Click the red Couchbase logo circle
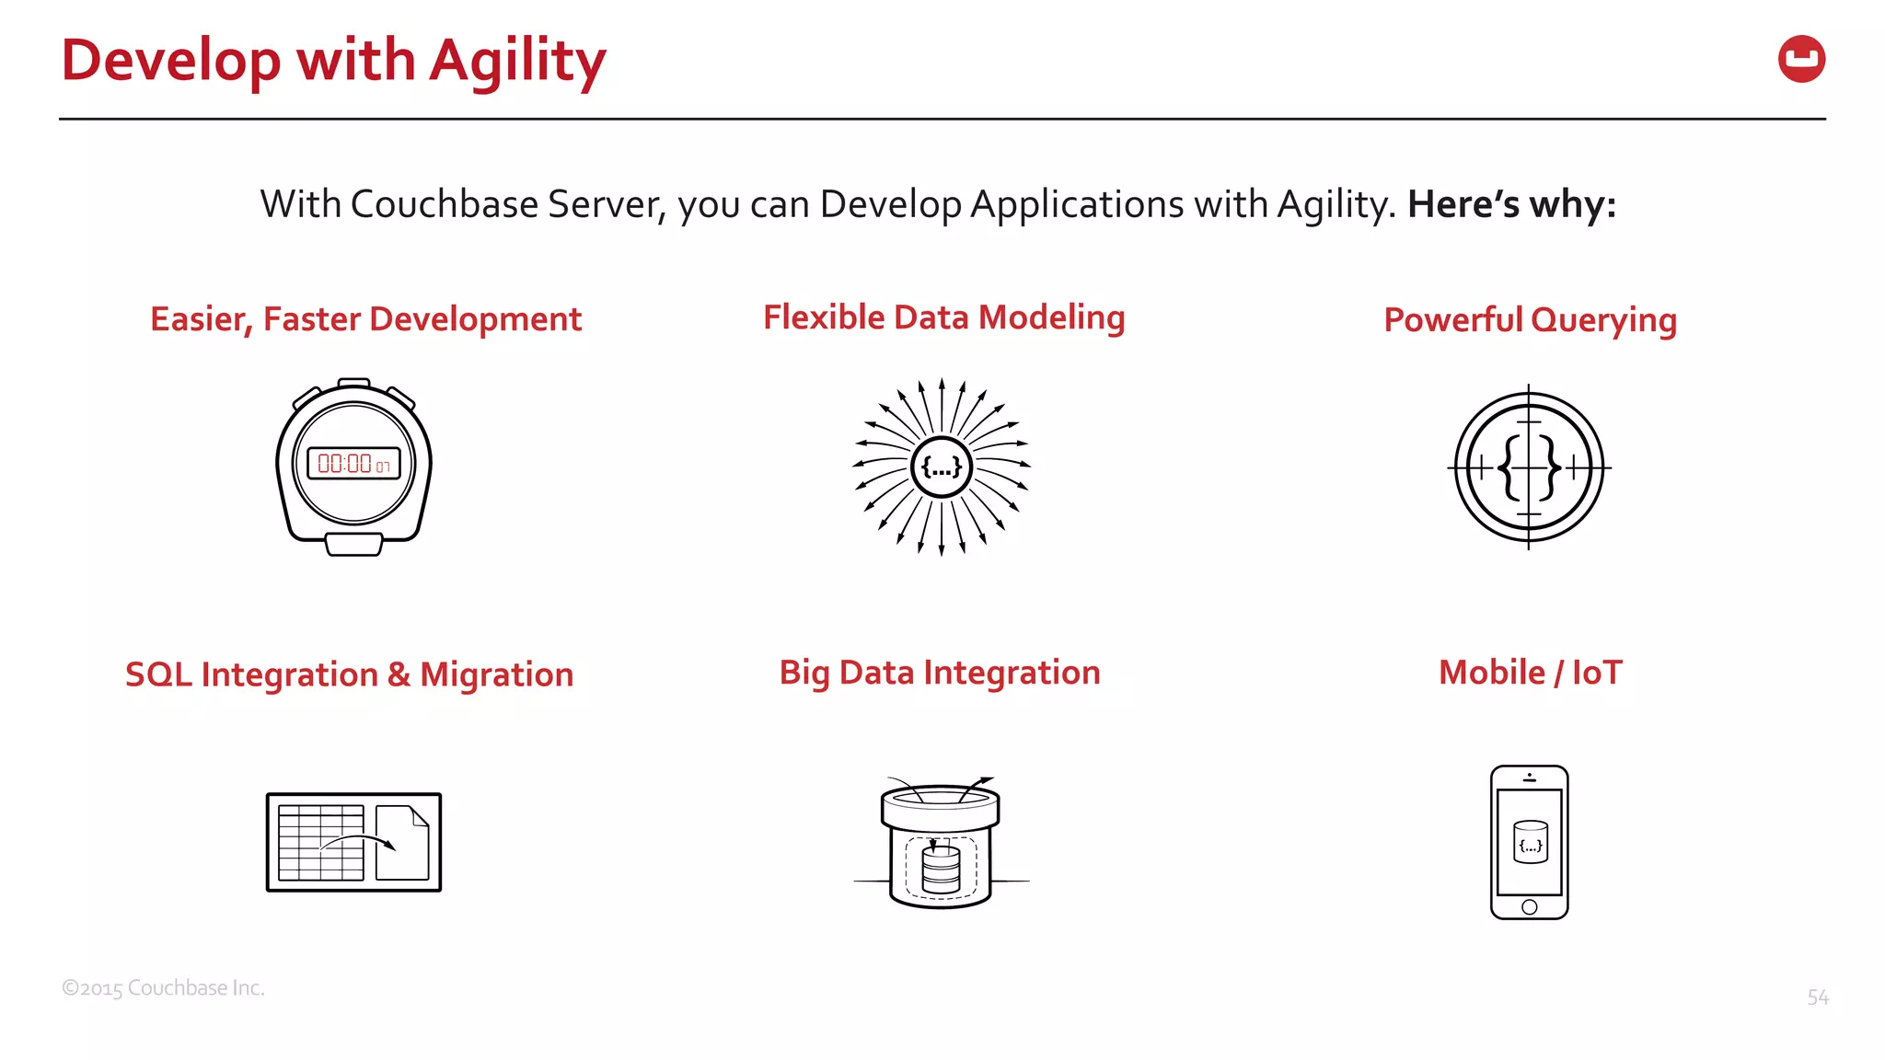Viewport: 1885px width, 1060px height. pos(1801,59)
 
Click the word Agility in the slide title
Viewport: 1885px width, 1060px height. pos(517,61)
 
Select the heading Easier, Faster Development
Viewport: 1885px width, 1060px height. pos(365,319)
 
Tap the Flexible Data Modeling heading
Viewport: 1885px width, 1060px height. pos(943,317)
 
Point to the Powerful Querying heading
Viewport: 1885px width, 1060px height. pos(1530,320)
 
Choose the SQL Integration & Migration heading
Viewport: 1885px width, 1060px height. pos(349,674)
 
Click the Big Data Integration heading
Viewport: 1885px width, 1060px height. pos(940,673)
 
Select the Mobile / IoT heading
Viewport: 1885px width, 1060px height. pos(1530,673)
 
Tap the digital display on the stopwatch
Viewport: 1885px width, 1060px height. pos(354,464)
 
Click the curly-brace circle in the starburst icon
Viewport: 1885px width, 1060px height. pos(941,467)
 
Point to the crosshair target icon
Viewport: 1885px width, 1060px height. pos(1529,467)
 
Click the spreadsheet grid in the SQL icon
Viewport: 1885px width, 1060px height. pos(320,842)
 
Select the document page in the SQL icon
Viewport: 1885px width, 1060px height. pos(402,842)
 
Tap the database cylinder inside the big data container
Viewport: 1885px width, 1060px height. pos(941,869)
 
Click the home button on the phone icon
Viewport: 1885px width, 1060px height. pos(1530,907)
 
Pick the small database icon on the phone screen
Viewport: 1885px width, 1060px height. pos(1530,842)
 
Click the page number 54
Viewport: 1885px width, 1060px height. pos(1818,997)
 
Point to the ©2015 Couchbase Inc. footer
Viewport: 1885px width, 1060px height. pos(163,988)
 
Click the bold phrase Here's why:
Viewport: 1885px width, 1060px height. pos(1511,204)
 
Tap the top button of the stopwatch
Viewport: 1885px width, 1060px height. pos(354,383)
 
